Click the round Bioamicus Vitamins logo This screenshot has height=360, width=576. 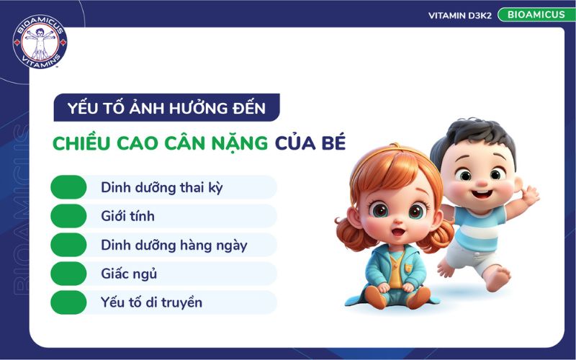click(40, 42)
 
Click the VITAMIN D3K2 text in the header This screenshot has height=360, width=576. click(459, 15)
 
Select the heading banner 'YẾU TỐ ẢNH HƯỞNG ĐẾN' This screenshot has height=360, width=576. click(166, 109)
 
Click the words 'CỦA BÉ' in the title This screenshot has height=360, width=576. click(310, 143)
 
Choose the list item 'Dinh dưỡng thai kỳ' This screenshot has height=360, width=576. click(162, 187)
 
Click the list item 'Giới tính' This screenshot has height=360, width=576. click(127, 216)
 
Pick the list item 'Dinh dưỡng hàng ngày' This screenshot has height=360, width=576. click(174, 245)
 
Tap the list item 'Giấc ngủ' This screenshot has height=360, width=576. click(129, 274)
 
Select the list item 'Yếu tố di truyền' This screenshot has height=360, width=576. click(151, 302)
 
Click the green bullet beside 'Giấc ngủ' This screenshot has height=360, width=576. click(68, 274)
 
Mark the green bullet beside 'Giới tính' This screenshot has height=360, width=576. click(68, 216)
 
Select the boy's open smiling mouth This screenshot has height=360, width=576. click(481, 193)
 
